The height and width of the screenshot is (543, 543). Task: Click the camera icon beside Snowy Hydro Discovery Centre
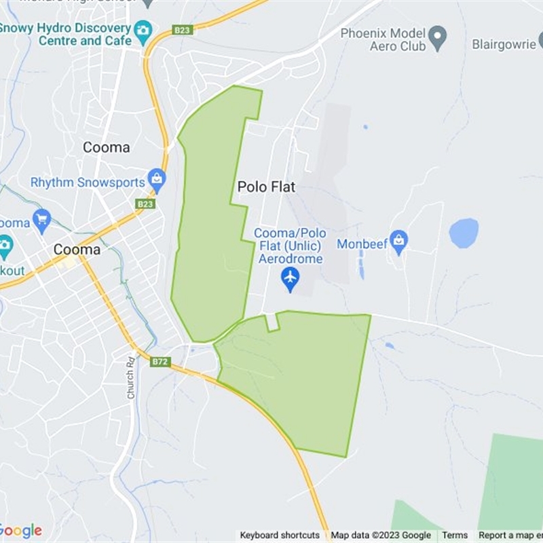(143, 30)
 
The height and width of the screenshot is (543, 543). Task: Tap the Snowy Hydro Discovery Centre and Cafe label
(67, 35)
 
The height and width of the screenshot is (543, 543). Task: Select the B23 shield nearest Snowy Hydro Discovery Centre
(183, 30)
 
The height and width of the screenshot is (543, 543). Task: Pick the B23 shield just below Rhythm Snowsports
(145, 204)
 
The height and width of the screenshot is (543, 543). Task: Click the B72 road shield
(160, 362)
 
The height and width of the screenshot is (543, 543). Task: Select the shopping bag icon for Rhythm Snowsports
(157, 180)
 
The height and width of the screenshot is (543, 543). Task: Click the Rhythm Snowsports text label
(88, 183)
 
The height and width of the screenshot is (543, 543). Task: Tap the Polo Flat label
(266, 187)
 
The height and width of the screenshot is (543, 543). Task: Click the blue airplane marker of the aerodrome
(291, 278)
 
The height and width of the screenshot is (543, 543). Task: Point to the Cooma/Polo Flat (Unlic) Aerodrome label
(291, 246)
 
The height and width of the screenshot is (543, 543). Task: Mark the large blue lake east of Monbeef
(464, 233)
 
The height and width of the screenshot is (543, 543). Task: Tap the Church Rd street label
(130, 377)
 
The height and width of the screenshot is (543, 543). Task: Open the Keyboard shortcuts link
(279, 536)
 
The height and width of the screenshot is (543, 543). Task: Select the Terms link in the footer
(455, 536)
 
